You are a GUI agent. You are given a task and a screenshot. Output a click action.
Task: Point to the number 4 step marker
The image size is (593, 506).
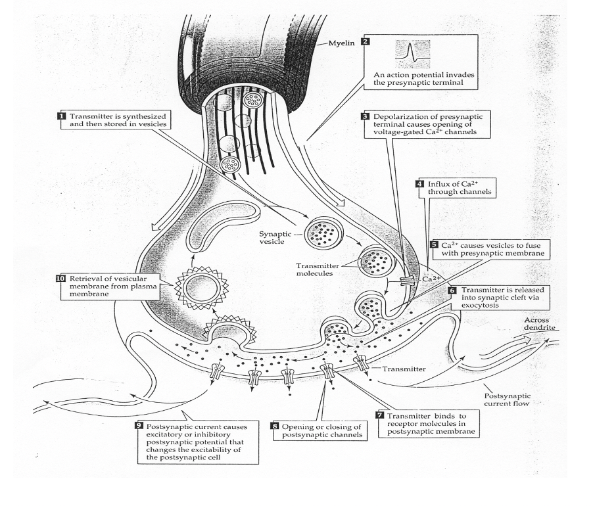click(x=419, y=183)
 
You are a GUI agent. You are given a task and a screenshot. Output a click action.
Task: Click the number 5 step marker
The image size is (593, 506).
click(x=434, y=244)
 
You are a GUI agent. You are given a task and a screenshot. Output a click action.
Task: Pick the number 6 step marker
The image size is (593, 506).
click(x=452, y=289)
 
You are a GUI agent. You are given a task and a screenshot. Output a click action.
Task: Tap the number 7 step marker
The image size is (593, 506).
click(x=379, y=415)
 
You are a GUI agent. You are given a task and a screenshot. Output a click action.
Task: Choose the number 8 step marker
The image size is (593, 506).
click(x=275, y=426)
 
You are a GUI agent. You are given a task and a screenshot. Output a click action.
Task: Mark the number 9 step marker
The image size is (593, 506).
click(x=139, y=426)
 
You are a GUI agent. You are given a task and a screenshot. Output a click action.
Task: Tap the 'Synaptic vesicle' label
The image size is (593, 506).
click(x=276, y=237)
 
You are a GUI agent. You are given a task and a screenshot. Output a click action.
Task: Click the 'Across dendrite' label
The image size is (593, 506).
click(x=536, y=323)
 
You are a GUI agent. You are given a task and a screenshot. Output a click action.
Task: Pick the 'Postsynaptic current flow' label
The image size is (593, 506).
click(x=506, y=401)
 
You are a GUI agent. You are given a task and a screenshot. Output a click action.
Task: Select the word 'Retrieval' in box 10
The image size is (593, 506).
click(x=83, y=279)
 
